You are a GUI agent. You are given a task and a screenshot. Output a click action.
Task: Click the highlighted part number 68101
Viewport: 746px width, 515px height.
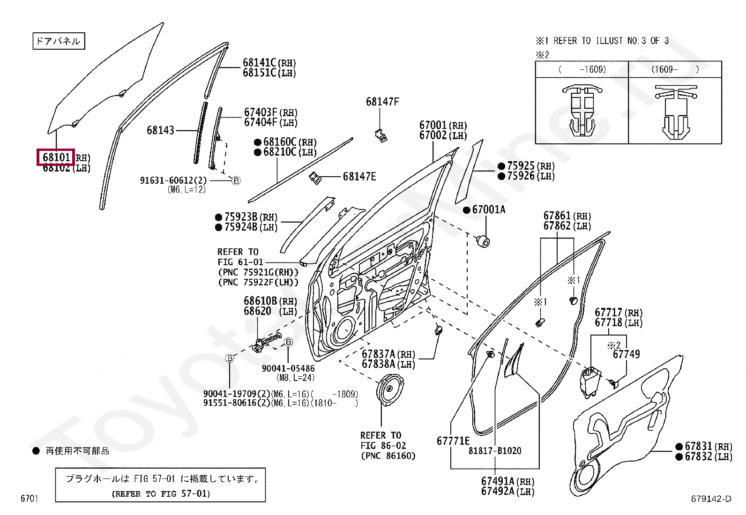pyautogui.click(x=56, y=157)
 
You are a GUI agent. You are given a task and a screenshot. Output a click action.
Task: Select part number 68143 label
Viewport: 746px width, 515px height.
pyautogui.click(x=160, y=130)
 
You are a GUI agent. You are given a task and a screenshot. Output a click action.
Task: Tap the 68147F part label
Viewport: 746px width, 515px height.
pyautogui.click(x=382, y=102)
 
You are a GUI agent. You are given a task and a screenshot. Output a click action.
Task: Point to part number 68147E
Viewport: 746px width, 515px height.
pyautogui.click(x=359, y=177)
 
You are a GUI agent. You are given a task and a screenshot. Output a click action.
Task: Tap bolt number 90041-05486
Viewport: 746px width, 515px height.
pyautogui.click(x=288, y=369)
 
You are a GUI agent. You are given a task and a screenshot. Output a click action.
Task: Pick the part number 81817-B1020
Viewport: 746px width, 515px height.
pyautogui.click(x=495, y=451)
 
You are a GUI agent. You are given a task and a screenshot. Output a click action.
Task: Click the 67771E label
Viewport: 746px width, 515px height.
pyautogui.click(x=453, y=441)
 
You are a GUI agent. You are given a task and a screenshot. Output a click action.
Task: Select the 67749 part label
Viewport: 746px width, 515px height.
pyautogui.click(x=626, y=355)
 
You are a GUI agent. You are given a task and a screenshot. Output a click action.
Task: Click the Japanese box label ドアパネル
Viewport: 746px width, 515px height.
pyautogui.click(x=58, y=41)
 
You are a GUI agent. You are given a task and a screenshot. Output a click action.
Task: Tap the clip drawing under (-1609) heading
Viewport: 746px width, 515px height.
pyautogui.click(x=582, y=112)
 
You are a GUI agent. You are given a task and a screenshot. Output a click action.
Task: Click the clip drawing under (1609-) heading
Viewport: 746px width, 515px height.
pyautogui.click(x=675, y=112)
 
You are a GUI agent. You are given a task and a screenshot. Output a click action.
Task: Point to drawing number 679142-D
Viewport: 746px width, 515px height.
pyautogui.click(x=710, y=499)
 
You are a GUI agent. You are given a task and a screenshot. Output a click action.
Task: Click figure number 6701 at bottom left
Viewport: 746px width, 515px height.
pyautogui.click(x=29, y=499)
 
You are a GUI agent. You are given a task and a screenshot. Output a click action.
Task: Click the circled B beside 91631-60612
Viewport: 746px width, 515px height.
pyautogui.click(x=236, y=180)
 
